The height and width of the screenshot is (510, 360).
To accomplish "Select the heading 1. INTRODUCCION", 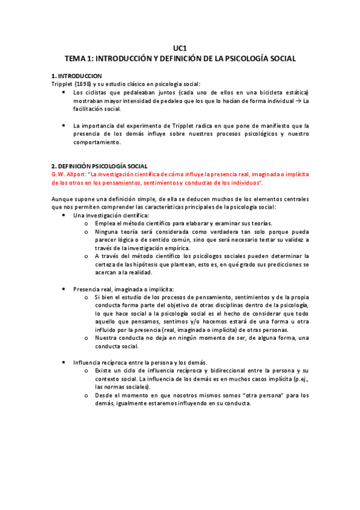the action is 76,76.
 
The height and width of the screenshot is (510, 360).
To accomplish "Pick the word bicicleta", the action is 262,93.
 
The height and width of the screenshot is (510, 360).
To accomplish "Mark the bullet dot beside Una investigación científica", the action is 64,215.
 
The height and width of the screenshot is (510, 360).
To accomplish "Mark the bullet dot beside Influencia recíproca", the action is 64,363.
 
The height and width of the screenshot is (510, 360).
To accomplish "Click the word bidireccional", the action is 227,370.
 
